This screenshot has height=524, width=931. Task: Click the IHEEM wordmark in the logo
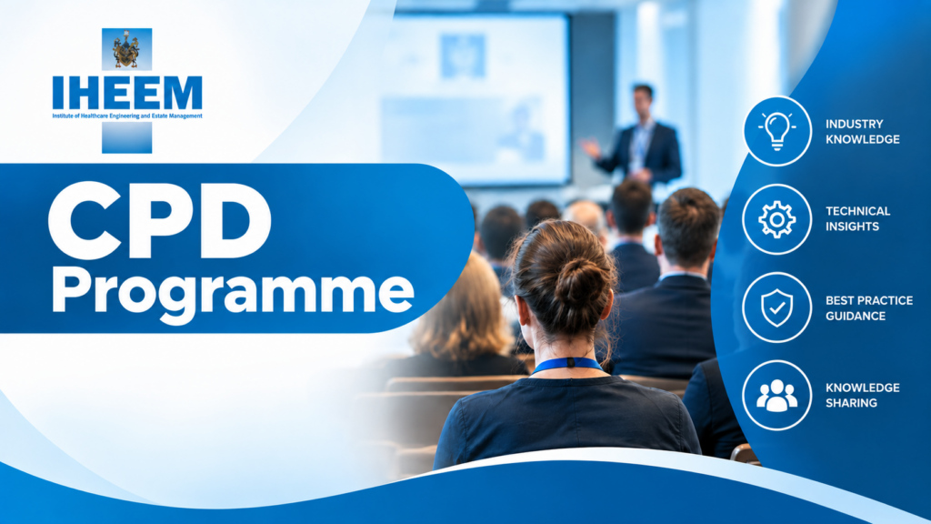coord(127,93)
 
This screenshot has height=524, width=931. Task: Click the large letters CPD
coord(160,220)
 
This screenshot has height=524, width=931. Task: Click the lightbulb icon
coord(776,131)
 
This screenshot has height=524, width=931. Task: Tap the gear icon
coord(776,220)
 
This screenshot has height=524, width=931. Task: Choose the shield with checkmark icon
coord(776,307)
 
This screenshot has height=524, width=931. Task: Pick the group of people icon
coord(776,396)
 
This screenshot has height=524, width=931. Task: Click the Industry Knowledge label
coord(862,131)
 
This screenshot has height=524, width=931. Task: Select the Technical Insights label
coord(857,218)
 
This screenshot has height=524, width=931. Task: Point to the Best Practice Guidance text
coord(868,307)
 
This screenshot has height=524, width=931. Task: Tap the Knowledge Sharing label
coord(862,395)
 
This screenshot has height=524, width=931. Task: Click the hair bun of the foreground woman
coord(579,284)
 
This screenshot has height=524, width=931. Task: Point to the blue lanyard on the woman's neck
coord(567,364)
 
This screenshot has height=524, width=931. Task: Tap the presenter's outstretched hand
coord(590,147)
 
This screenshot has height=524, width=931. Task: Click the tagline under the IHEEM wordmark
coord(127,116)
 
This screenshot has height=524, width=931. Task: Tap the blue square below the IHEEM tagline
coord(126,137)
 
